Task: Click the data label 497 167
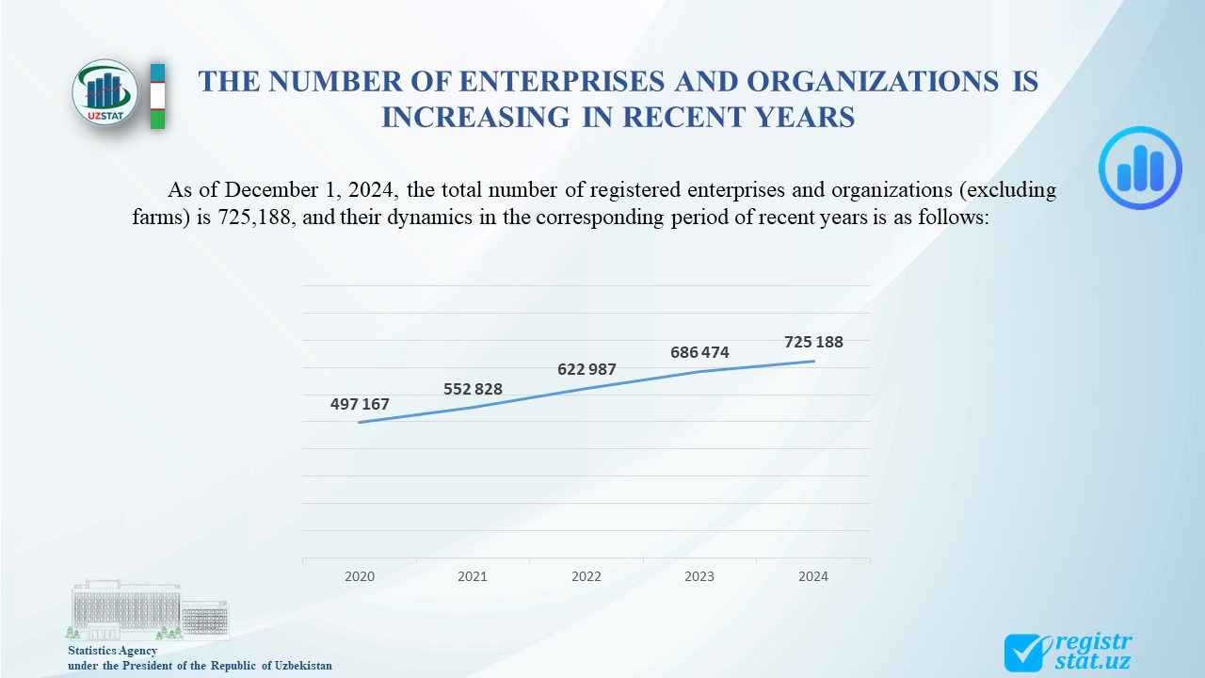(360, 405)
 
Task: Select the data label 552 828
(473, 389)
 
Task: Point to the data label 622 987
(586, 369)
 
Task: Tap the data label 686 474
(699, 353)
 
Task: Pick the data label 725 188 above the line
(813, 343)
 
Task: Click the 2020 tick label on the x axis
(360, 576)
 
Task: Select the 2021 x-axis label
(473, 576)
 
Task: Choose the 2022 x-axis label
(586, 576)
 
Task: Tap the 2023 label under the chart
(699, 576)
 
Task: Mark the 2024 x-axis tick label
(813, 576)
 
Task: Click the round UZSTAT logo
(105, 92)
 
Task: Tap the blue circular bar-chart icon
(1140, 168)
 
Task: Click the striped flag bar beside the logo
(157, 96)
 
